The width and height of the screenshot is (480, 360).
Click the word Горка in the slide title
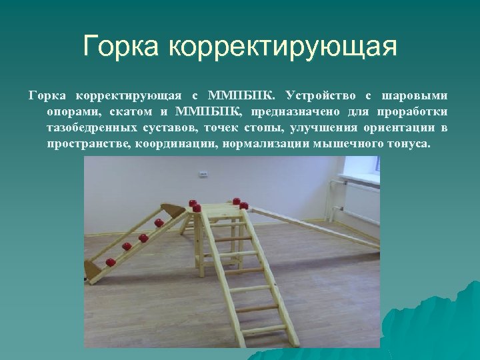[x=123, y=47]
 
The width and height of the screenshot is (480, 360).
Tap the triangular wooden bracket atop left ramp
[x=175, y=211]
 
